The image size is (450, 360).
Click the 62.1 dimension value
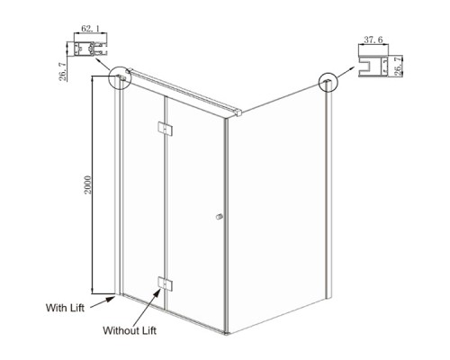(90, 29)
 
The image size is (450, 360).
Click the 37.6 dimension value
(373, 40)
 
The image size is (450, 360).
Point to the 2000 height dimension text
(87, 184)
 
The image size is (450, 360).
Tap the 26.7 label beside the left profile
(63, 72)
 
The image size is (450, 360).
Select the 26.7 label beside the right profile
(398, 66)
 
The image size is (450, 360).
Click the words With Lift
(65, 308)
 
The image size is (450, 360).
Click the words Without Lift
(130, 330)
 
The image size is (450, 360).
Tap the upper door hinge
(165, 129)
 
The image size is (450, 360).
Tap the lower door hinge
(165, 283)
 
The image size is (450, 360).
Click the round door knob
(220, 217)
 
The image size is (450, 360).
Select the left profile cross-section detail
(91, 49)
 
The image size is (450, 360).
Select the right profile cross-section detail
(373, 66)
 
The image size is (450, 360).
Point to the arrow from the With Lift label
(103, 301)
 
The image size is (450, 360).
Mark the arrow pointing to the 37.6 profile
(346, 73)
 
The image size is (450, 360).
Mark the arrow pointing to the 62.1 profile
(103, 65)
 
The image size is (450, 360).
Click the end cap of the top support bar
(238, 112)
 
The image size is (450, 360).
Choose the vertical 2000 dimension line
(92, 184)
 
